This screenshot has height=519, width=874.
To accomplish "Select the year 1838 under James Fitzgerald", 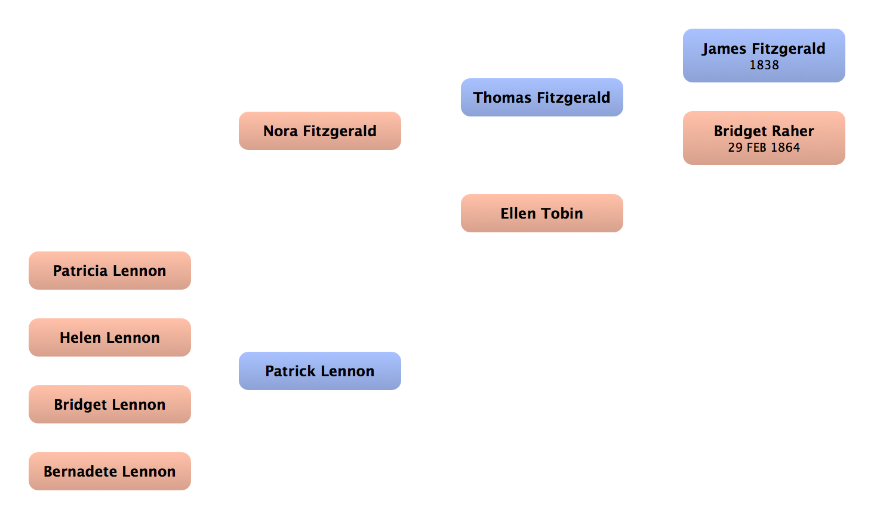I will pyautogui.click(x=764, y=65).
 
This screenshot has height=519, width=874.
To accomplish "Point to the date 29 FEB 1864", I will pyautogui.click(x=764, y=148).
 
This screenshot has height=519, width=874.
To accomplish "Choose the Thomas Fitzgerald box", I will pyautogui.click(x=541, y=97).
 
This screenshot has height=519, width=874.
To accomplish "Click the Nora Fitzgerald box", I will pyautogui.click(x=319, y=131).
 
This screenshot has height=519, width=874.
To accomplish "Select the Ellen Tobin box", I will pyautogui.click(x=541, y=213).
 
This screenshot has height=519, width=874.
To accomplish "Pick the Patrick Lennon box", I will pyautogui.click(x=319, y=371).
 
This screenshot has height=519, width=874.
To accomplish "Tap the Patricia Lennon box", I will pyautogui.click(x=109, y=271).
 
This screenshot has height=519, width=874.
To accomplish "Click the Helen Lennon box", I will pyautogui.click(x=109, y=337).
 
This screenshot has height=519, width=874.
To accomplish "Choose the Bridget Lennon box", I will pyautogui.click(x=109, y=404).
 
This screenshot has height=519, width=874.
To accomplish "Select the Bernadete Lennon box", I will pyautogui.click(x=109, y=471).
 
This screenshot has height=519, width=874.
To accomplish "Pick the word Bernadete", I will pyautogui.click(x=80, y=471).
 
